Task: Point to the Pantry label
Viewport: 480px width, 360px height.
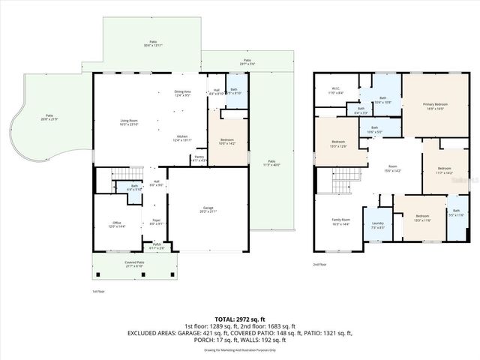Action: coord(199,158)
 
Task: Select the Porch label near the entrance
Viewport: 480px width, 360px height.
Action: coord(157,245)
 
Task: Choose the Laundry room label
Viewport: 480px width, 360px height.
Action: coord(376,223)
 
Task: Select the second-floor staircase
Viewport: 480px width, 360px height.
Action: coord(341,180)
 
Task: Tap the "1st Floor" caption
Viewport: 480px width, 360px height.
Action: coord(99,291)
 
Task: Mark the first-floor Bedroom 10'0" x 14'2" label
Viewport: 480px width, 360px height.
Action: coord(227,141)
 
